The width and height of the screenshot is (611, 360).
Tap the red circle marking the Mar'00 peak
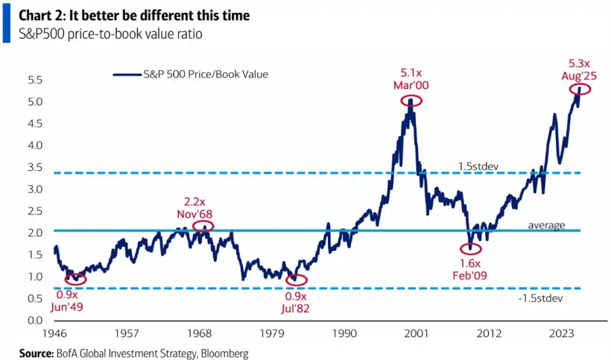(x=411, y=100)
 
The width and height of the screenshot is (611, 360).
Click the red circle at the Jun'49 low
(x=75, y=279)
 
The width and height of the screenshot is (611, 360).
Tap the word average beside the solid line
(x=546, y=224)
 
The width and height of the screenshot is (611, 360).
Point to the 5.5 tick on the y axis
(x=34, y=80)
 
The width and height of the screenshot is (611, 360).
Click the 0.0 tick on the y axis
(x=34, y=320)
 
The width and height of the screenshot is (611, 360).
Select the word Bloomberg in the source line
(x=221, y=351)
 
